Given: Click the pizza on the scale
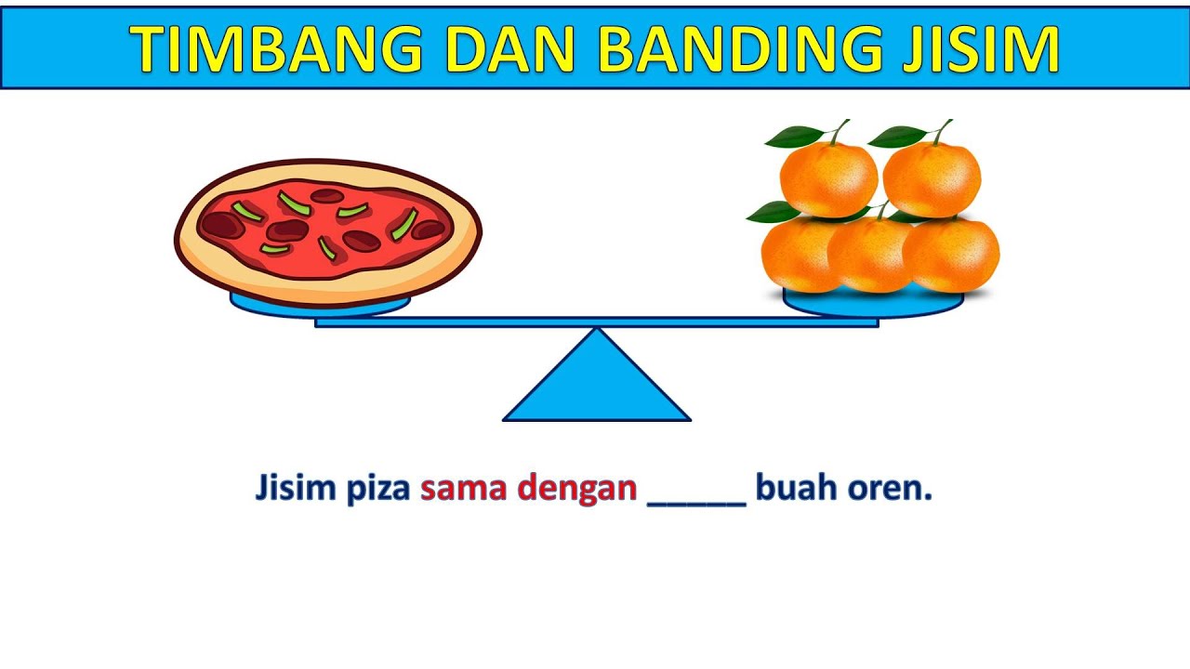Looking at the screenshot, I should point(327,230).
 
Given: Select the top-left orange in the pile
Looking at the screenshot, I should point(827,177).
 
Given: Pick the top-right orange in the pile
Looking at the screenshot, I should point(932,177).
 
